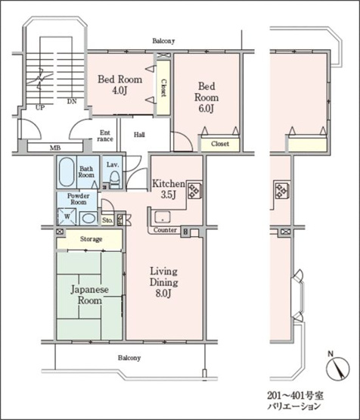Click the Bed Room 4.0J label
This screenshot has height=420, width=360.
[x=119, y=85]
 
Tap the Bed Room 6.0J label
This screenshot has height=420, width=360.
[x=206, y=97]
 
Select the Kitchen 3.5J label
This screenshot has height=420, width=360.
[x=169, y=189]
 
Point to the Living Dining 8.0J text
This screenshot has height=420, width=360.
[x=163, y=282]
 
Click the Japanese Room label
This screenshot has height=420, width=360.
[x=90, y=294]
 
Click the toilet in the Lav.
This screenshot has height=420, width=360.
[x=115, y=179]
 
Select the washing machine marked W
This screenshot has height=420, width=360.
[x=67, y=216]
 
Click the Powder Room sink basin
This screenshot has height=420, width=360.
[x=89, y=218]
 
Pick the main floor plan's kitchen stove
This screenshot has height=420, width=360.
[x=194, y=190]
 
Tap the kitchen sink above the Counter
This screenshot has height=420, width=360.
[x=163, y=217]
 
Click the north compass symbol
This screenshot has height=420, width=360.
[x=338, y=369]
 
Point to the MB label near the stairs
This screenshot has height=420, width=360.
[x=55, y=148]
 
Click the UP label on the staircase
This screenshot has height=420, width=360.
[x=39, y=108]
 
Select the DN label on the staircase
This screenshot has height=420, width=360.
[x=72, y=101]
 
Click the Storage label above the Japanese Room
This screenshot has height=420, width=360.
[x=91, y=239]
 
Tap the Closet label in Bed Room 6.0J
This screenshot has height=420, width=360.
[x=220, y=144]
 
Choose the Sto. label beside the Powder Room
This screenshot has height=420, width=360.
[x=107, y=220]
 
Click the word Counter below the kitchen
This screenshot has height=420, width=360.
[x=165, y=230]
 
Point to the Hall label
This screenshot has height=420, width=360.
[x=139, y=135]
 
